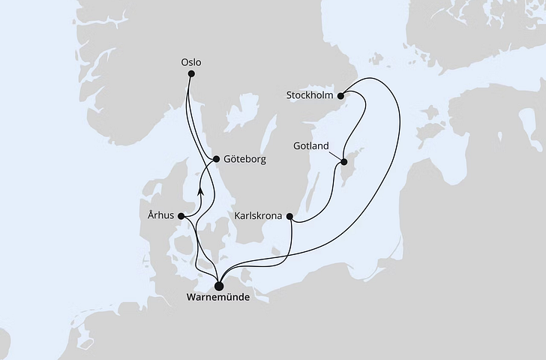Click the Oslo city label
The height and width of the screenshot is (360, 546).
[192, 62]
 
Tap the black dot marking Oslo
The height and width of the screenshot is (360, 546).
[191, 73]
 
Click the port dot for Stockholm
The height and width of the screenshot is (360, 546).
[340, 95]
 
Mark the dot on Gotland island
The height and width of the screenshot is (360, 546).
[343, 161]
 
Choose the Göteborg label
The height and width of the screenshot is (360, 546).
[244, 160]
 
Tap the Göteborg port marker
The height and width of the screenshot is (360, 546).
[217, 159]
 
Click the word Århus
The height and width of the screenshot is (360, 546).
[161, 216]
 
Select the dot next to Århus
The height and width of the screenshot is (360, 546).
[181, 217]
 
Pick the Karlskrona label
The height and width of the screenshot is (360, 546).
[258, 217]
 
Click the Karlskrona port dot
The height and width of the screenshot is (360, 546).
[289, 217]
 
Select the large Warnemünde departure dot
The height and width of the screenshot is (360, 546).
[218, 285]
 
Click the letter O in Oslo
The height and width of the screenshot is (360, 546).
[184, 62]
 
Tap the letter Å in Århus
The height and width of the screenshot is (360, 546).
[151, 215]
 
